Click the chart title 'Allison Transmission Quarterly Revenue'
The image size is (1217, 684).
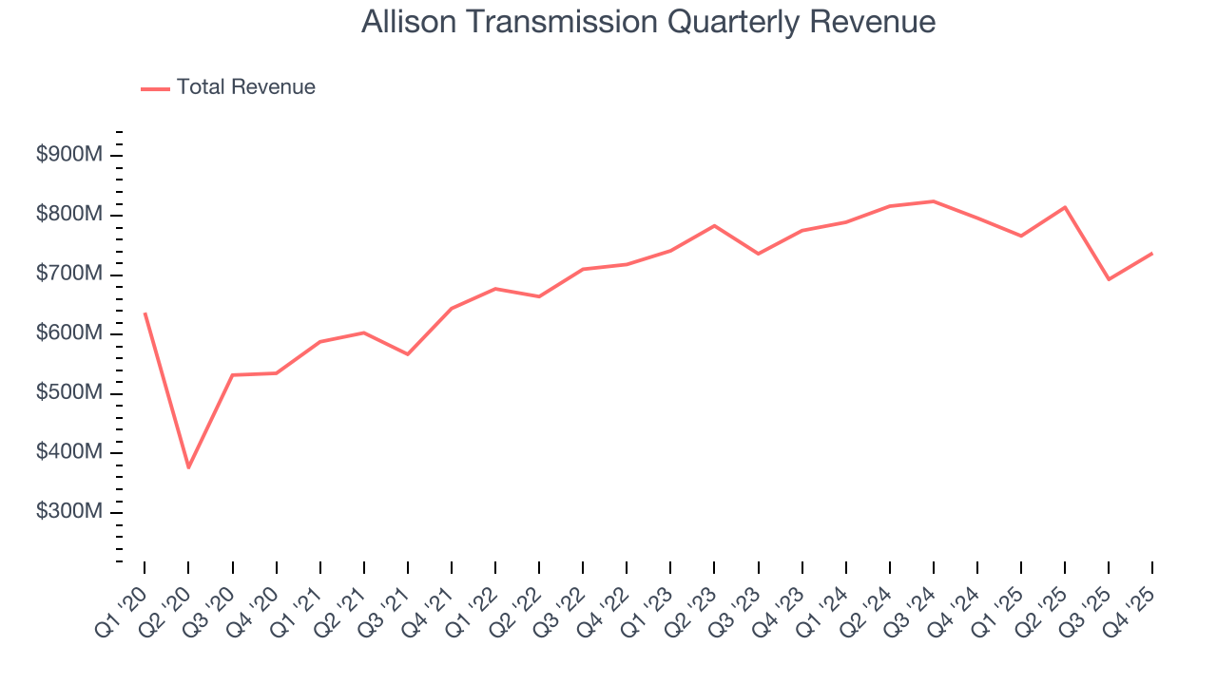648,22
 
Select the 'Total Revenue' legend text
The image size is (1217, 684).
245,87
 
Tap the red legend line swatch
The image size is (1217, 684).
155,88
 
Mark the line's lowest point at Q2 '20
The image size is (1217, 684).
188,467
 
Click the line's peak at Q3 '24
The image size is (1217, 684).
934,201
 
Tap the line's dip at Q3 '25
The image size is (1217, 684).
1109,279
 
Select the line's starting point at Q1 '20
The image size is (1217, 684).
145,313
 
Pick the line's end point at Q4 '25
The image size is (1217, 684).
1152,253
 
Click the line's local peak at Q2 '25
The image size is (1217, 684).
1065,207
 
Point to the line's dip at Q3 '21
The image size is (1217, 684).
408,354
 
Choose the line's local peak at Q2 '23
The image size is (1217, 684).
714,225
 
